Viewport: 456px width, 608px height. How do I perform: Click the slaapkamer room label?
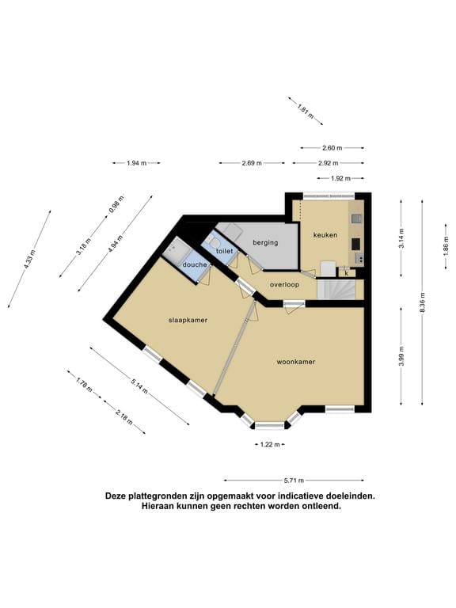coord(187,321)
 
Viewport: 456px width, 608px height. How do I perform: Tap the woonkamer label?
coord(296,362)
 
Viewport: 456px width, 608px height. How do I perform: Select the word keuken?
coord(325,235)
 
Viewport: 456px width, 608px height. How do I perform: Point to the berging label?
coord(265,242)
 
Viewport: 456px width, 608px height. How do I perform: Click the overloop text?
coord(283,283)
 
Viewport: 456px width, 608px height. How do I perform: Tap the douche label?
coord(194,265)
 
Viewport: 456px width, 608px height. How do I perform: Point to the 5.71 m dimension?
coord(294,480)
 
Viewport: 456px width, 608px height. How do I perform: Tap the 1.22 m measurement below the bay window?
coord(270,444)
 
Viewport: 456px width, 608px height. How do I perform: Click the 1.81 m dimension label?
coord(304,110)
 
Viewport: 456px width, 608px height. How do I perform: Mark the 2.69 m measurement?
coord(252,163)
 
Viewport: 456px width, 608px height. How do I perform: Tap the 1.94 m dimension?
coord(137,163)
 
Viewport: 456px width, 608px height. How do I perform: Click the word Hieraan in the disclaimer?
coord(152,506)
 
